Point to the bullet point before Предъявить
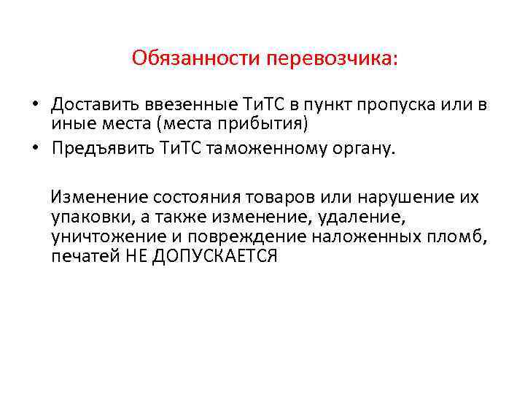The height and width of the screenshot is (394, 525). click(x=34, y=149)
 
